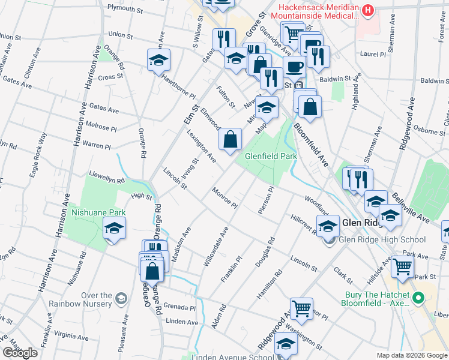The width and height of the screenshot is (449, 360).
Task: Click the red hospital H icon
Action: (369, 10)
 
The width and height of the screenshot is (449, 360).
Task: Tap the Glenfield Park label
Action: (271, 157)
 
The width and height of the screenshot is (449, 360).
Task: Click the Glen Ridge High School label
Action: (382, 240)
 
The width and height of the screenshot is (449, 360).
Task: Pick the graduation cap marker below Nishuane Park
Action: (114, 229)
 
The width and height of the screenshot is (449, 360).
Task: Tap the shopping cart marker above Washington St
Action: (302, 309)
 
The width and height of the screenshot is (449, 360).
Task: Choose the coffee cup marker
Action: (294, 67)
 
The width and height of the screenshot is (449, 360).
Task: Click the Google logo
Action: (20, 353)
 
